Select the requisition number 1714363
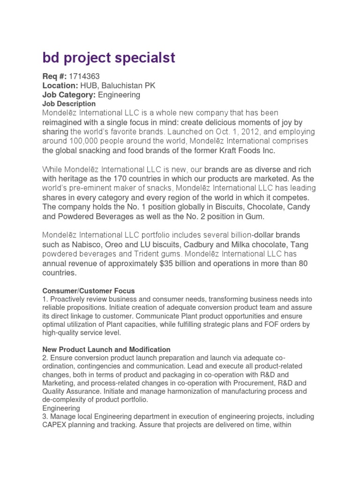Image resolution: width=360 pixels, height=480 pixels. [x=84, y=76]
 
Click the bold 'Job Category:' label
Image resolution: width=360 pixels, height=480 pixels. [x=69, y=95]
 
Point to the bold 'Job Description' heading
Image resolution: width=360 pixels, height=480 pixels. [x=69, y=104]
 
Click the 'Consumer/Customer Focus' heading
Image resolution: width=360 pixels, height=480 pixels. [x=89, y=291]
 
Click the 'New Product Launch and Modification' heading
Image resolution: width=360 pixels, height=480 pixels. [x=106, y=350]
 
